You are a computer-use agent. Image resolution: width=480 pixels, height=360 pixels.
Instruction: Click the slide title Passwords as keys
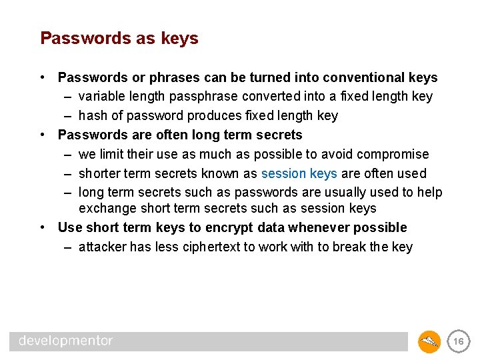point(119,39)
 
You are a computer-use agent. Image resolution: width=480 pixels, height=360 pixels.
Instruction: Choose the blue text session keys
point(299,174)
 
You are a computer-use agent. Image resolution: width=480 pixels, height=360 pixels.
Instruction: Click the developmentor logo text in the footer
point(66,341)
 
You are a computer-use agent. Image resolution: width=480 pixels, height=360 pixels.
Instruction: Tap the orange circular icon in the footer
point(429,342)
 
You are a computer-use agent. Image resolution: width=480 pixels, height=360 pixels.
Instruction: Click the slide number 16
point(458,342)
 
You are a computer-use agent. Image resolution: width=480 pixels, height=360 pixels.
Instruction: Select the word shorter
point(100,174)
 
